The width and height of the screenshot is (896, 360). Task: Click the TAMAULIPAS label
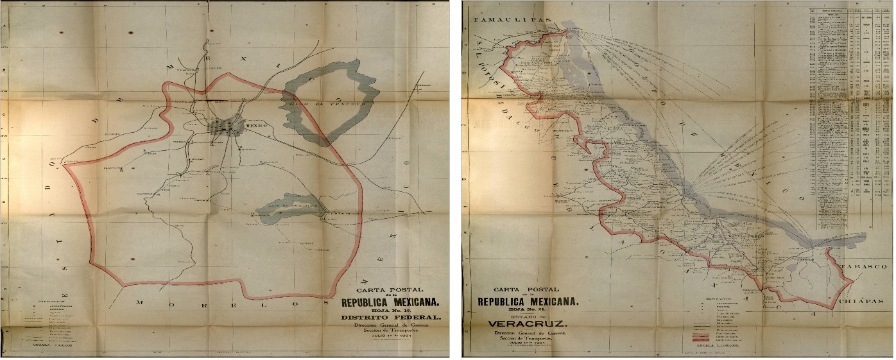tap(504, 22)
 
